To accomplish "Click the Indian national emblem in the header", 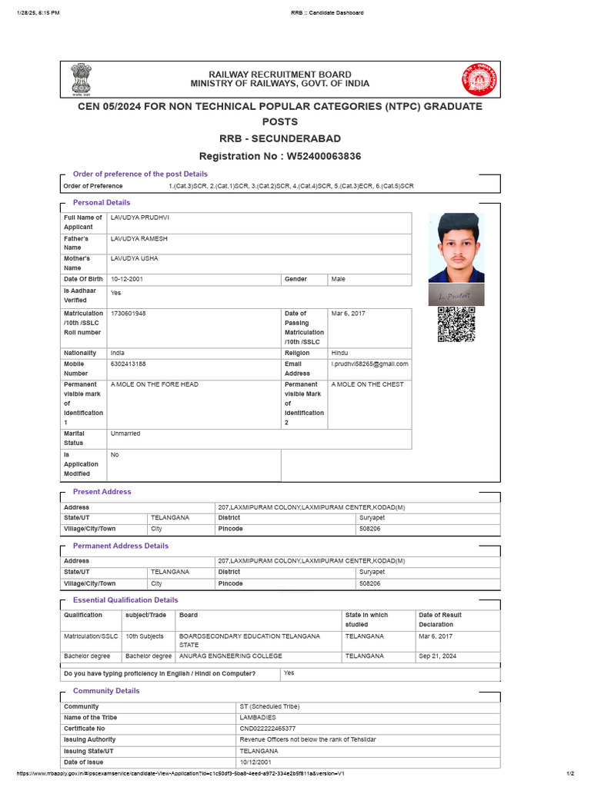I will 80,78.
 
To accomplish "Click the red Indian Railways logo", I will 479,79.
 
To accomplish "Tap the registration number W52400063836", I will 323,156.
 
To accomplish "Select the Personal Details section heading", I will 102,203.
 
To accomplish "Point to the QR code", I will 456,324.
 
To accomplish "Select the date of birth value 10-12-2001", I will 128,280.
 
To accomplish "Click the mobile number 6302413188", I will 128,364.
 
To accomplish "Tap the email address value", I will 369,364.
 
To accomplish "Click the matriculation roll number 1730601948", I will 128,314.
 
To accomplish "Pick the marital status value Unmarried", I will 125,433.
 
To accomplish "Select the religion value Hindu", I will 339,353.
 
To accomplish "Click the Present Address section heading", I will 102,492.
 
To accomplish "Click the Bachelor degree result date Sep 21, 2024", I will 436,656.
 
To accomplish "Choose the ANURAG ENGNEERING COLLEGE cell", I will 231,656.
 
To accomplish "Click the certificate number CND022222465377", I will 268,729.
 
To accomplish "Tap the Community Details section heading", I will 106,691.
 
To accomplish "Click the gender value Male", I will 339,280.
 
